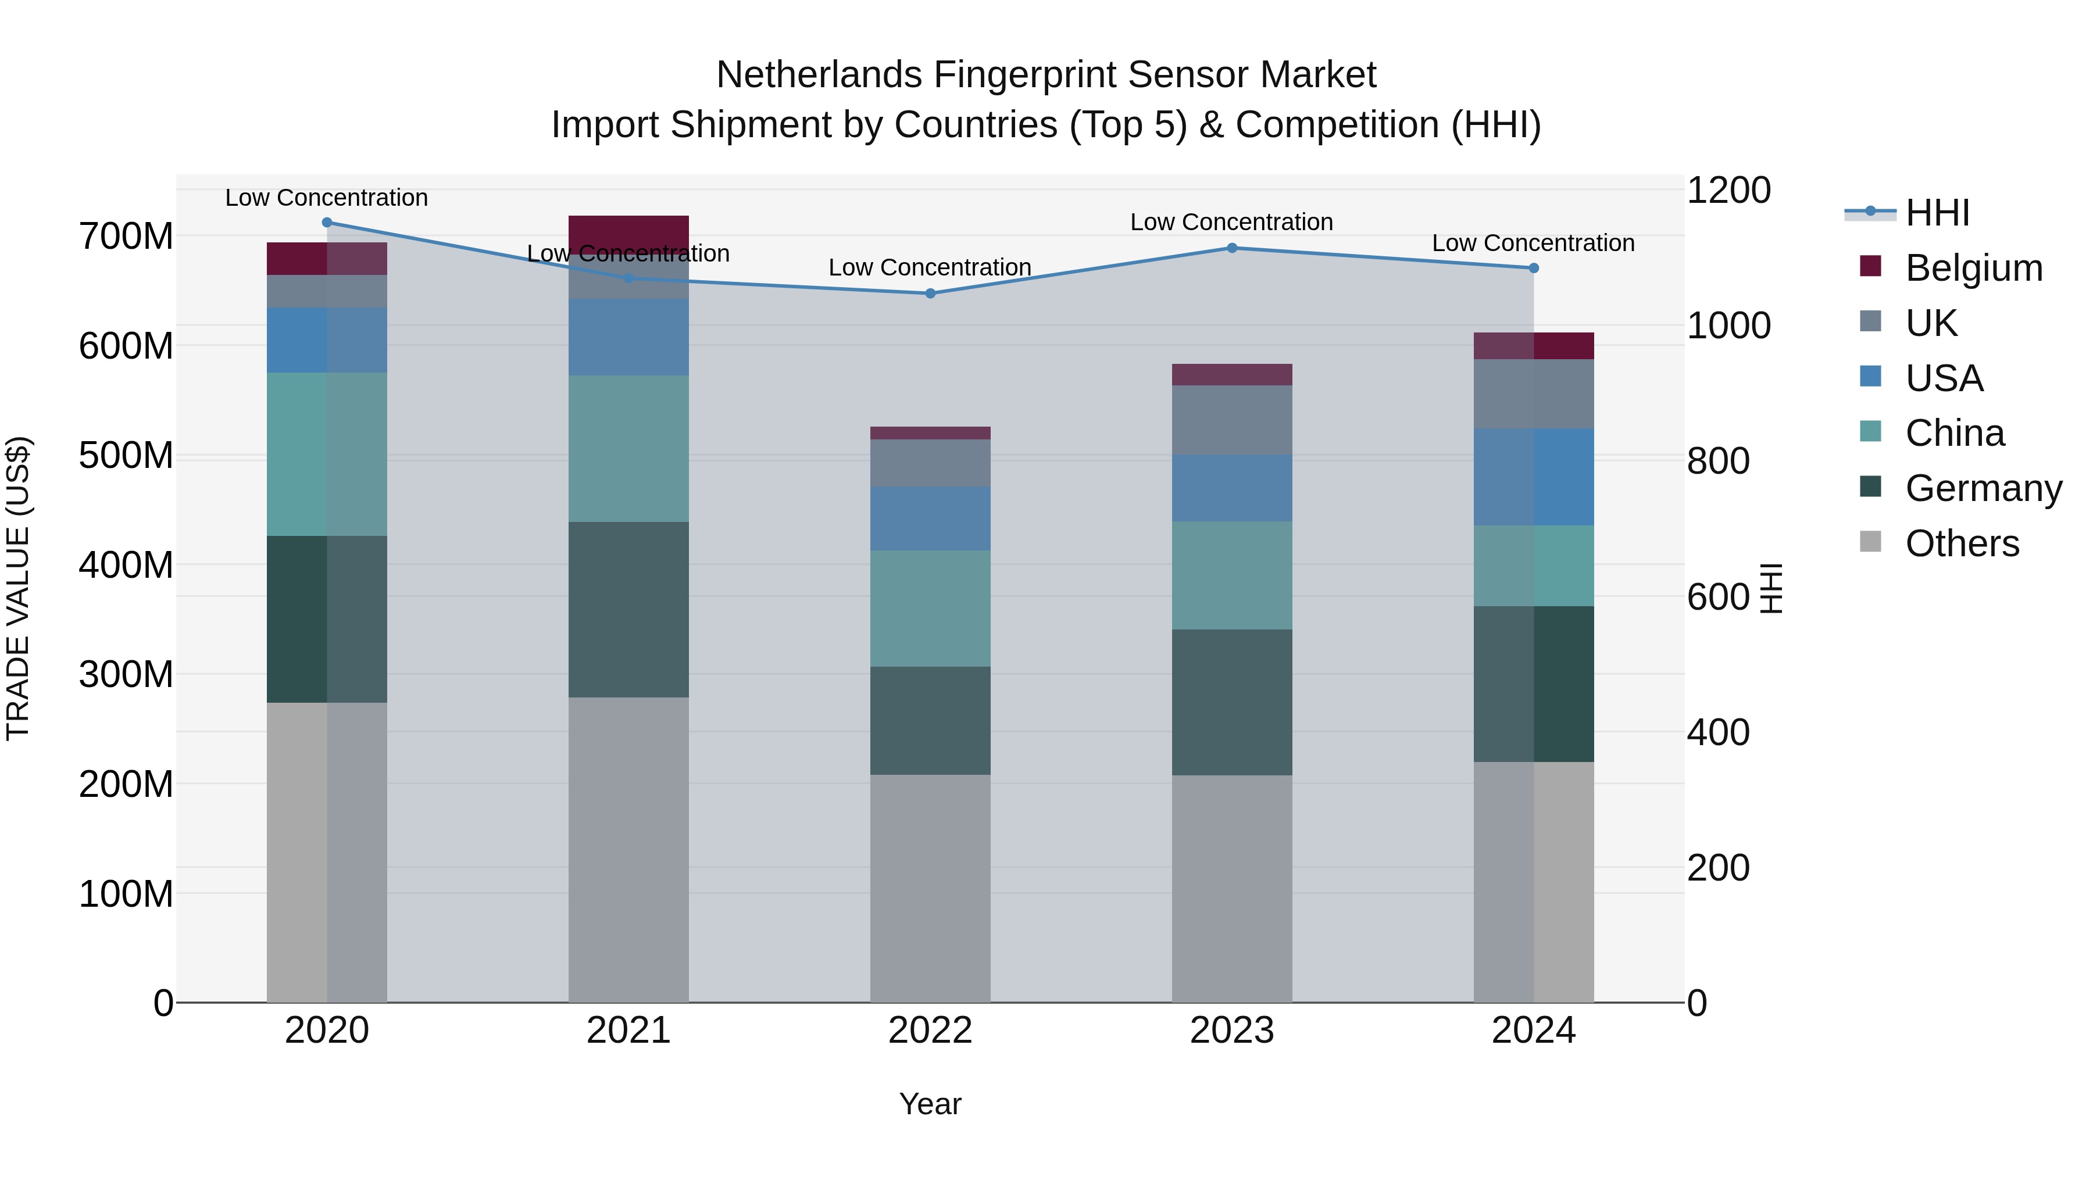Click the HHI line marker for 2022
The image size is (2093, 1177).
coord(930,294)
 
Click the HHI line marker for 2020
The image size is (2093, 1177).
coord(327,223)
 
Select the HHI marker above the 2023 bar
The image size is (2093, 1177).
coord(1232,248)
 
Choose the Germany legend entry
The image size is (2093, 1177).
coord(1983,488)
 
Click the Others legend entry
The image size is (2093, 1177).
coord(1962,543)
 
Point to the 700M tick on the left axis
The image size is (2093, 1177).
coord(126,237)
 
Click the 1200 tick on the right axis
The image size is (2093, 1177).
coord(1728,190)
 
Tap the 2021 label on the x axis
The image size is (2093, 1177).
coord(628,1031)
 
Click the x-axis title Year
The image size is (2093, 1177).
coord(930,1104)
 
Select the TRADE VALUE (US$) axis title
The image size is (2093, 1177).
coord(18,588)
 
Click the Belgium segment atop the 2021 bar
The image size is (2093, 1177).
coord(628,231)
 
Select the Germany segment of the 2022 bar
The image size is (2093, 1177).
coord(930,721)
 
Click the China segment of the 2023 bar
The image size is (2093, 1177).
coord(1232,575)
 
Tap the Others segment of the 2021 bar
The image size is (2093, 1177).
coord(628,849)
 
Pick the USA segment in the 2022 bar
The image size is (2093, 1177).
coord(930,518)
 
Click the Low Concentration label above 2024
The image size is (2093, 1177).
coord(1533,243)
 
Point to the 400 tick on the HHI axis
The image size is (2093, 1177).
coord(1717,732)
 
